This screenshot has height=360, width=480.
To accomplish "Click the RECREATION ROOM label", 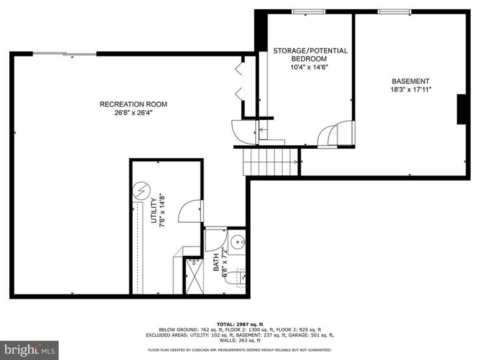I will (133, 104).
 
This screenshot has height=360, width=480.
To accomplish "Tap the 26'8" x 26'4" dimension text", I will (133, 113).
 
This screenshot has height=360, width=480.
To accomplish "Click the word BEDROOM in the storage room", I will (310, 59).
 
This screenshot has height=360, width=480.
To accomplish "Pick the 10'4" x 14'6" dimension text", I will (310, 67).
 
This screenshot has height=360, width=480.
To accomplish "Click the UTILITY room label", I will (153, 211).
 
